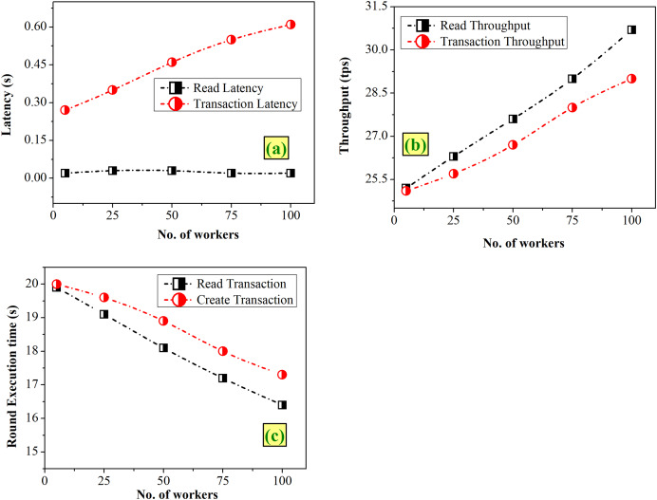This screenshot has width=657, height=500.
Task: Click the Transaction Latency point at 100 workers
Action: pos(291,25)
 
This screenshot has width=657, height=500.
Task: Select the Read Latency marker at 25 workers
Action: pos(112,171)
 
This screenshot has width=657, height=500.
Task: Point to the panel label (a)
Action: pos(275,148)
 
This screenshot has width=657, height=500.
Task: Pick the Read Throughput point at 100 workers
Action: pos(631,29)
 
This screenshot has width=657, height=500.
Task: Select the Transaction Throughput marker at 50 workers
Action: pos(513,144)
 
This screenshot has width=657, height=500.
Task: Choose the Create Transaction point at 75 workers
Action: pos(222,351)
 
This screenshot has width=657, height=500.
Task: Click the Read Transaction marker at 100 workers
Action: pos(282,405)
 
